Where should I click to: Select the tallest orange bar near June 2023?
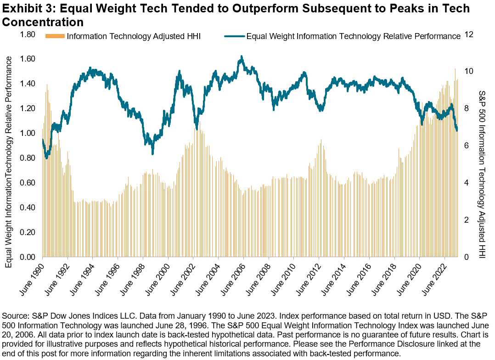(455, 69)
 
